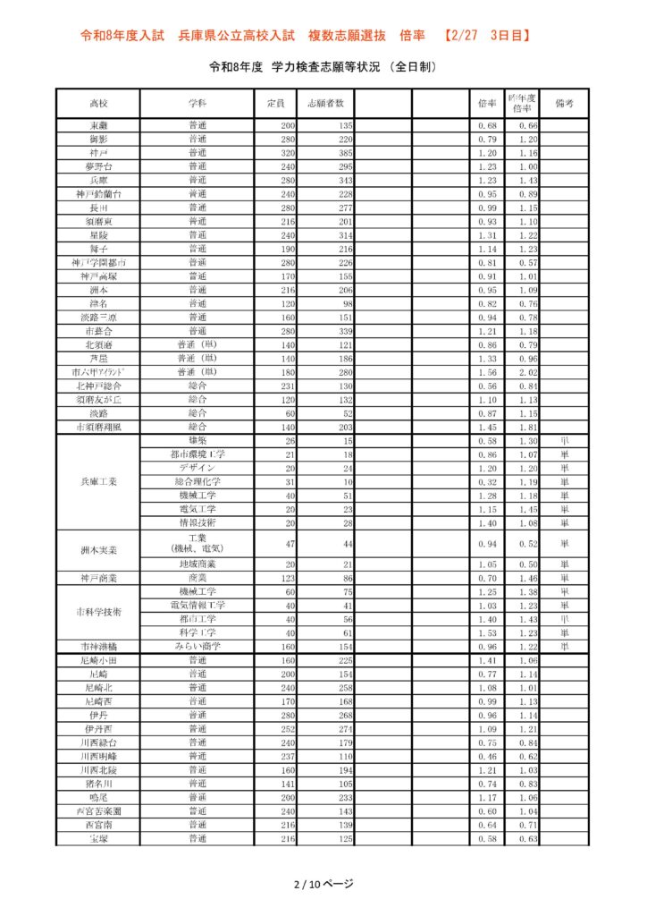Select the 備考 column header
point(564,104)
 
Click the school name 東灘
point(98,125)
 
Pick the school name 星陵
point(98,234)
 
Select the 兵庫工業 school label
point(98,481)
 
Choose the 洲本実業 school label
point(98,550)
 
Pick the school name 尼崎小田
point(98,660)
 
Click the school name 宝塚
point(98,837)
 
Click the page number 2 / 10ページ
point(323,884)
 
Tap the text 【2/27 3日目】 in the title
point(488,36)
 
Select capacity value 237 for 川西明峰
point(286,756)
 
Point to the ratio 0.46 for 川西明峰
point(486,756)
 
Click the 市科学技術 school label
point(98,612)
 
